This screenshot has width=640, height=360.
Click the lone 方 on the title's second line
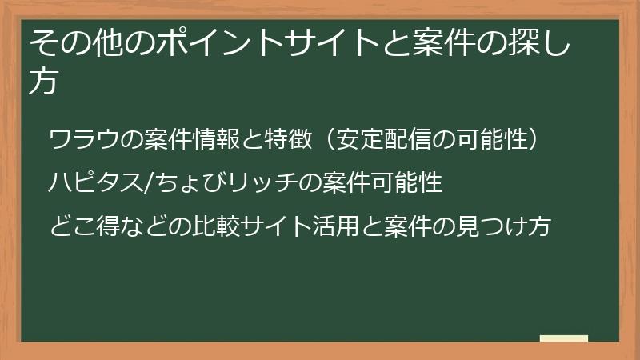click(x=43, y=82)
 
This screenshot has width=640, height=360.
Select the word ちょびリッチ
click(x=211, y=183)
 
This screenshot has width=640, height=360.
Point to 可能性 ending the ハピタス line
click(x=406, y=183)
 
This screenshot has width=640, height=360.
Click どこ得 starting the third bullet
click(x=80, y=227)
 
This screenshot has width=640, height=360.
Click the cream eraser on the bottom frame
click(x=564, y=338)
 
